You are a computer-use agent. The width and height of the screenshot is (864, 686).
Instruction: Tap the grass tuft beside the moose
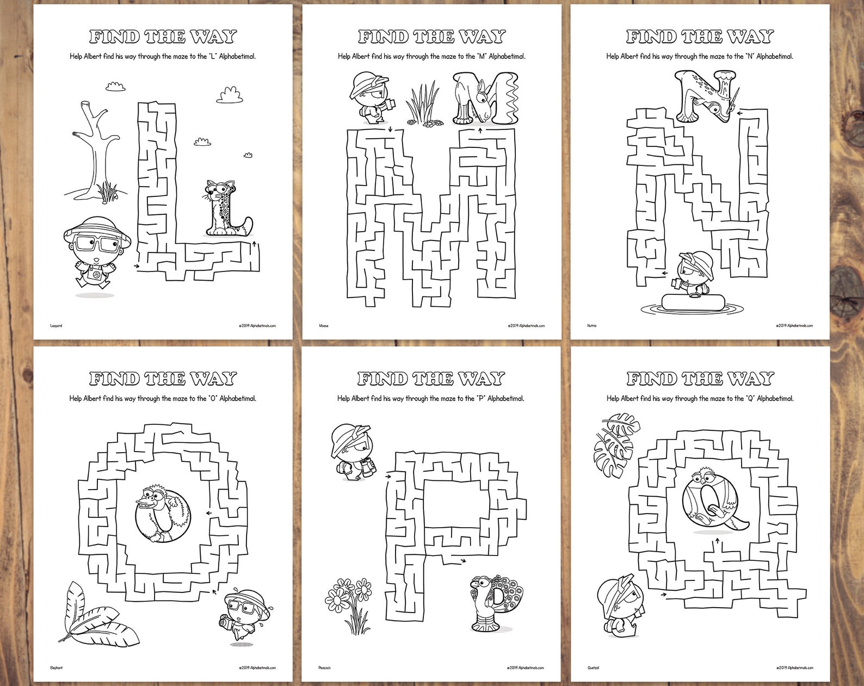point(422,103)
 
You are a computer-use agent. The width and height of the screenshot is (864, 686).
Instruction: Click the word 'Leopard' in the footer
point(56,326)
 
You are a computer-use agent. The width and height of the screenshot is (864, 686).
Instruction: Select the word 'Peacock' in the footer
point(325,668)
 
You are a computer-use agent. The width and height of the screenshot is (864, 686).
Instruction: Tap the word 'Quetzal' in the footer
point(593,668)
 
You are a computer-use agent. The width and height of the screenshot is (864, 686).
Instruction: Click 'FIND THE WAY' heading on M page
point(431,37)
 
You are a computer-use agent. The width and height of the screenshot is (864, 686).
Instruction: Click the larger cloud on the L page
point(230,95)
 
